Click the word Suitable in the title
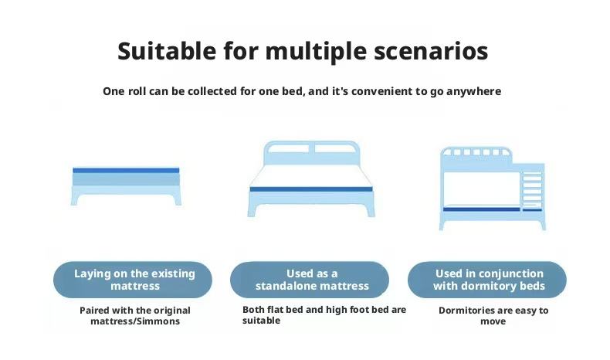(x=167, y=51)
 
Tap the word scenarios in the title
(x=431, y=51)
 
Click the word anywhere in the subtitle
(x=473, y=92)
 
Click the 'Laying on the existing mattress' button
(x=133, y=280)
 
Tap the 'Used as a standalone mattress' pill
(x=310, y=280)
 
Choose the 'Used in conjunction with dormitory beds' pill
(x=487, y=280)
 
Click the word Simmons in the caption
(x=161, y=321)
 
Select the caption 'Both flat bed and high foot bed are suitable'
(x=324, y=315)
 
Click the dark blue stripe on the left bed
(x=126, y=171)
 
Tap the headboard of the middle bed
(x=312, y=153)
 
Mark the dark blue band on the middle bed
(x=311, y=189)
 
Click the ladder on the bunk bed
(x=532, y=188)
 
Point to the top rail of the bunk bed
(x=476, y=151)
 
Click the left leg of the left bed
(x=75, y=199)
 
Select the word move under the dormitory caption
(x=493, y=322)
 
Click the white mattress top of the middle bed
(x=311, y=176)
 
